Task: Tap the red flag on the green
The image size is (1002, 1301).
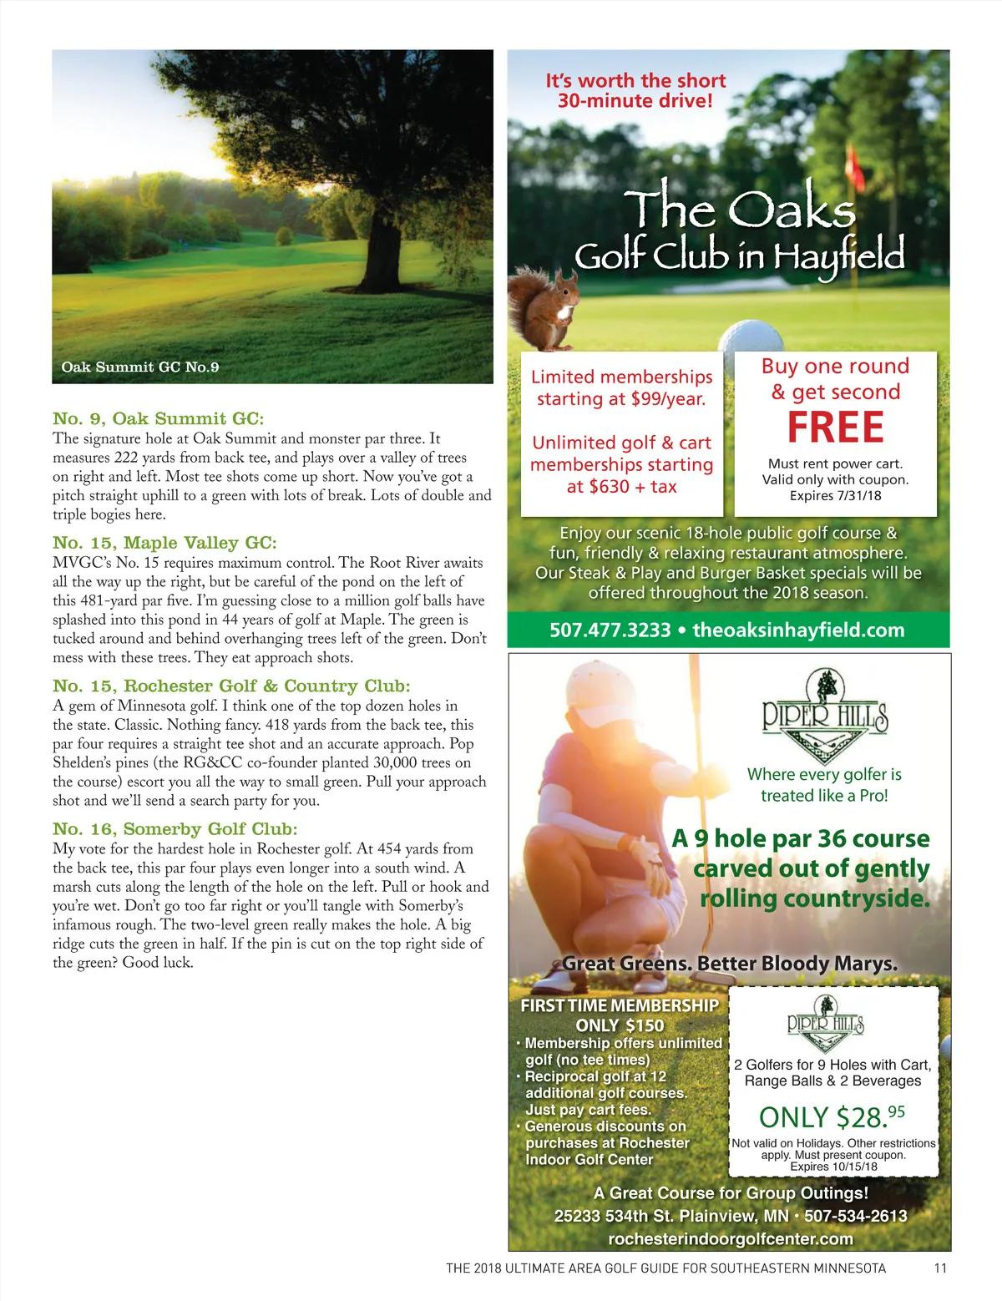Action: pyautogui.click(x=856, y=167)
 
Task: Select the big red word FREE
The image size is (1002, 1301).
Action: pyautogui.click(x=835, y=427)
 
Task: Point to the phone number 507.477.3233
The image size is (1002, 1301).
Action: pyautogui.click(x=610, y=630)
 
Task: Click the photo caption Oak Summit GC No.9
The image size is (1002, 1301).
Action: pyautogui.click(x=140, y=367)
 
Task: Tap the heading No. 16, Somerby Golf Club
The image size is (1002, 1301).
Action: pyautogui.click(x=175, y=829)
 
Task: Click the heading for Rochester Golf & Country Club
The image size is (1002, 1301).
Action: pyautogui.click(x=231, y=686)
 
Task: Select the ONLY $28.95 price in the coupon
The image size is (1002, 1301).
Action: pyautogui.click(x=832, y=1116)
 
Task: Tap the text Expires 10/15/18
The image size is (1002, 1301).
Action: pyautogui.click(x=832, y=1167)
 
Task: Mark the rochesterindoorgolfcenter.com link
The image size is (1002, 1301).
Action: pyautogui.click(x=731, y=1239)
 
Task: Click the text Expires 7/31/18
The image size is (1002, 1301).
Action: pyautogui.click(x=835, y=496)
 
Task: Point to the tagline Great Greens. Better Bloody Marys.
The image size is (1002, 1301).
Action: pyautogui.click(x=730, y=964)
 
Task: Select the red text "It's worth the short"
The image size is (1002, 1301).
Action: pyautogui.click(x=635, y=81)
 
